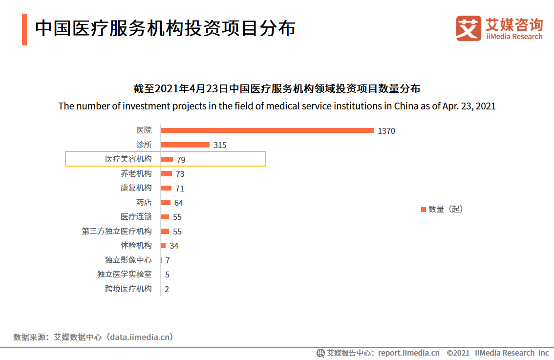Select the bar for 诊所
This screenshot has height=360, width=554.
click(185, 145)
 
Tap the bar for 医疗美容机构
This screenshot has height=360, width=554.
click(167, 159)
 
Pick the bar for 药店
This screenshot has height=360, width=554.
click(166, 202)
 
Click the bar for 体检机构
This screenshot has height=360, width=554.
click(163, 245)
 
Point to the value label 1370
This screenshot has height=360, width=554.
click(386, 131)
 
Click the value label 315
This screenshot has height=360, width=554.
click(220, 145)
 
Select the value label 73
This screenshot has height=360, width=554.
click(180, 174)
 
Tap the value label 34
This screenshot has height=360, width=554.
click(174, 246)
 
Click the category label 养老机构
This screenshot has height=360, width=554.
click(136, 173)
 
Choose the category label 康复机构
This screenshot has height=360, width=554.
click(136, 188)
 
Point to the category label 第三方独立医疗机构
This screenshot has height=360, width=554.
click(116, 231)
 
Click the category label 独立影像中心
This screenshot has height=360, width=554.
click(128, 260)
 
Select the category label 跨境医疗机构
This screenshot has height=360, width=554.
click(128, 289)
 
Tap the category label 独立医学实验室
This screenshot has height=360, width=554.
click(124, 275)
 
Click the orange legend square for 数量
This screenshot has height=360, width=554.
click(423, 210)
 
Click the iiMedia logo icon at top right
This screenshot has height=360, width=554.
click(469, 28)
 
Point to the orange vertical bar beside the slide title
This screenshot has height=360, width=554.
click(24, 29)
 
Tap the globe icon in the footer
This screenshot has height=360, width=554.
click(320, 353)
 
